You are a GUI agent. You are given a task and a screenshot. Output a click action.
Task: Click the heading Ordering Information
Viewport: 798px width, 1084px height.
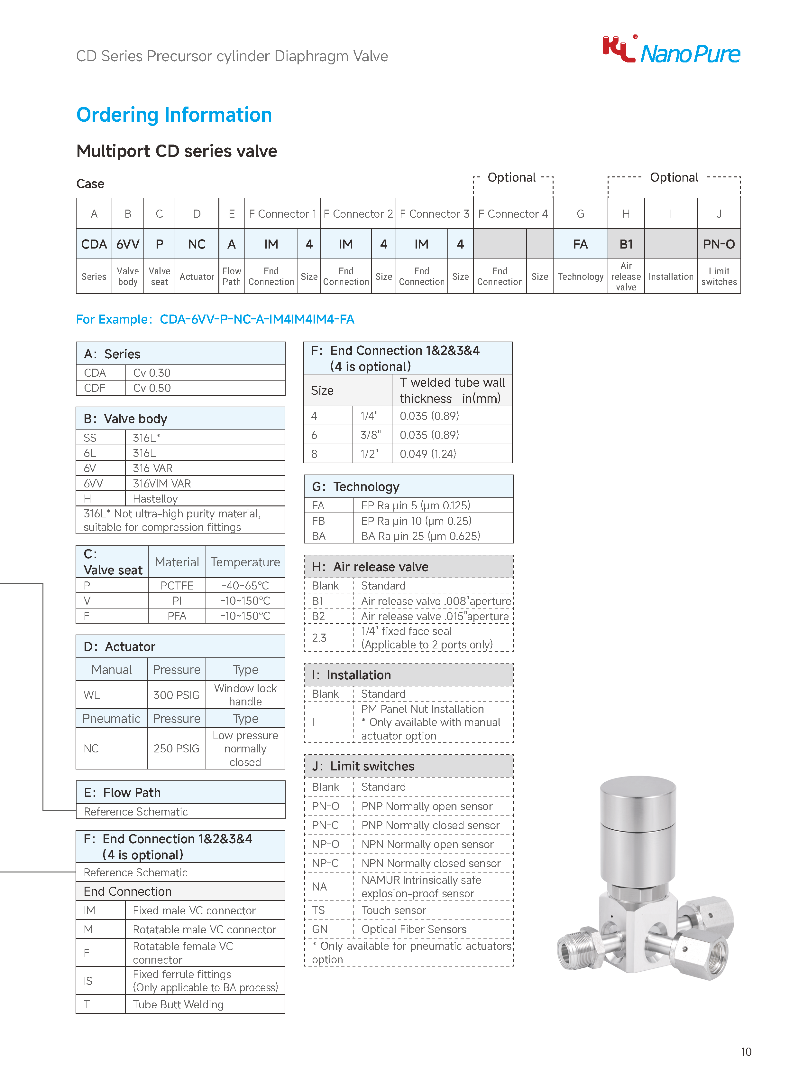coord(174,115)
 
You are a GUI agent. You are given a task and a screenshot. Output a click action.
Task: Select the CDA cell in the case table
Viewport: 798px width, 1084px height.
coord(94,244)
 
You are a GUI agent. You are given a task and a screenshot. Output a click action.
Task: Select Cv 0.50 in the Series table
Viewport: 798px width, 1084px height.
coord(152,388)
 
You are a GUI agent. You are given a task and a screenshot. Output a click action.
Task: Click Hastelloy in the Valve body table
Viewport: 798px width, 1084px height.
coord(155,498)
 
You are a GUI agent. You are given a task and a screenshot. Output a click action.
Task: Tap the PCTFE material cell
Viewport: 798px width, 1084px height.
coord(177,586)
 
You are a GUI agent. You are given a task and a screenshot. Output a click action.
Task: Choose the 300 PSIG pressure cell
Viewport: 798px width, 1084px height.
coord(176,695)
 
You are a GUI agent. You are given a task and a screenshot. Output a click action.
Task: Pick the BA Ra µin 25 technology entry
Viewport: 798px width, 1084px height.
coord(420,536)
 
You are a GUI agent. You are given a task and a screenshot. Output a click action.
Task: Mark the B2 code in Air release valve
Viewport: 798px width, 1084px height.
coord(318,616)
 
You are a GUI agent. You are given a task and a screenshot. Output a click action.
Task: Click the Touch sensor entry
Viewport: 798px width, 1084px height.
coord(394,910)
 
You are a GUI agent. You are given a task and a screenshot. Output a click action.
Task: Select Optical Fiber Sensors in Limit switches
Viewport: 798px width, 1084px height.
coord(414,929)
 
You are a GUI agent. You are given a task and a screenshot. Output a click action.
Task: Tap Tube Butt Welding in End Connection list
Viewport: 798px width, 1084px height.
coord(178,1004)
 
